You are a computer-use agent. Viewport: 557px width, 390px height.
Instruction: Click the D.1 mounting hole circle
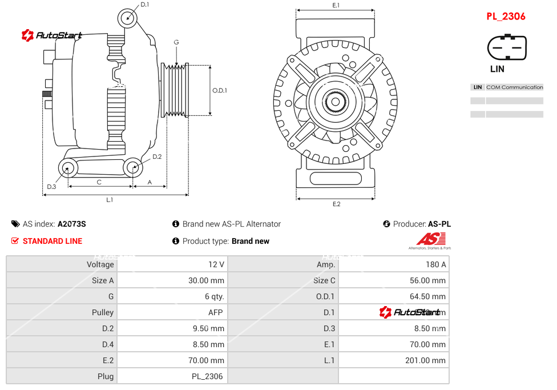[x=128, y=18]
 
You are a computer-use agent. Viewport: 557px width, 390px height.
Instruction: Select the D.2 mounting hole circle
[x=133, y=167]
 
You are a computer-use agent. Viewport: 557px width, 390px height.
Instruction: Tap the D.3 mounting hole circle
[x=68, y=168]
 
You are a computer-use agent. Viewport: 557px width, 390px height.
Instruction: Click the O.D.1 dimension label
[x=220, y=90]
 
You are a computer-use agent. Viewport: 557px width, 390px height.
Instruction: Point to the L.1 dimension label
[x=110, y=200]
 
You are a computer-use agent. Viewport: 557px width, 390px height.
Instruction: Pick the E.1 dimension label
[x=336, y=6]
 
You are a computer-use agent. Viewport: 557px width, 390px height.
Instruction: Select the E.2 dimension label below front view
[x=336, y=204]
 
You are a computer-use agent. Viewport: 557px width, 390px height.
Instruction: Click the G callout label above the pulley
[x=176, y=43]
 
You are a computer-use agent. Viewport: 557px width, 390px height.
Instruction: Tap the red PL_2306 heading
[x=506, y=17]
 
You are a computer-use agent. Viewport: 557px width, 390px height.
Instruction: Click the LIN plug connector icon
[x=506, y=47]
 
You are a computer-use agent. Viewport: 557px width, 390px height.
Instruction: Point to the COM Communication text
[x=514, y=87]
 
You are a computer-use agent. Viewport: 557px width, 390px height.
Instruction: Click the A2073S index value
[x=72, y=224]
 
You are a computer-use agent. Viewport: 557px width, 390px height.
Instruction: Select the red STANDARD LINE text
[x=52, y=241]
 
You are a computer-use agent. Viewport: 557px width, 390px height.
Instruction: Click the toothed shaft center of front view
[x=336, y=103]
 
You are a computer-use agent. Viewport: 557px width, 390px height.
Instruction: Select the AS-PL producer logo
[x=430, y=240]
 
